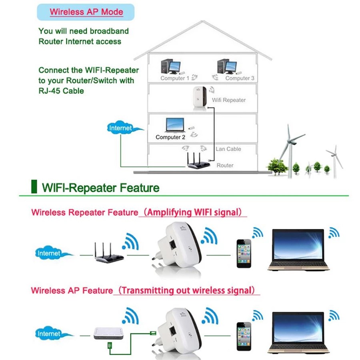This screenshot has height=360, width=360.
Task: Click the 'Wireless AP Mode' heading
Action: point(86,12)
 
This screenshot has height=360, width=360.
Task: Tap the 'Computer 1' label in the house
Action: point(175,78)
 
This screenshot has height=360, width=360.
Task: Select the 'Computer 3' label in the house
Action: point(240,78)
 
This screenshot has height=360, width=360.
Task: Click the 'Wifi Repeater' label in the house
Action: point(229,100)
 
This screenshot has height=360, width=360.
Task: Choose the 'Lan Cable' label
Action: point(228,149)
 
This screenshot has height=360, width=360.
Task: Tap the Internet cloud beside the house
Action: point(121,128)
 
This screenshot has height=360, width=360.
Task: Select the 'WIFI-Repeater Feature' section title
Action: point(100,188)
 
